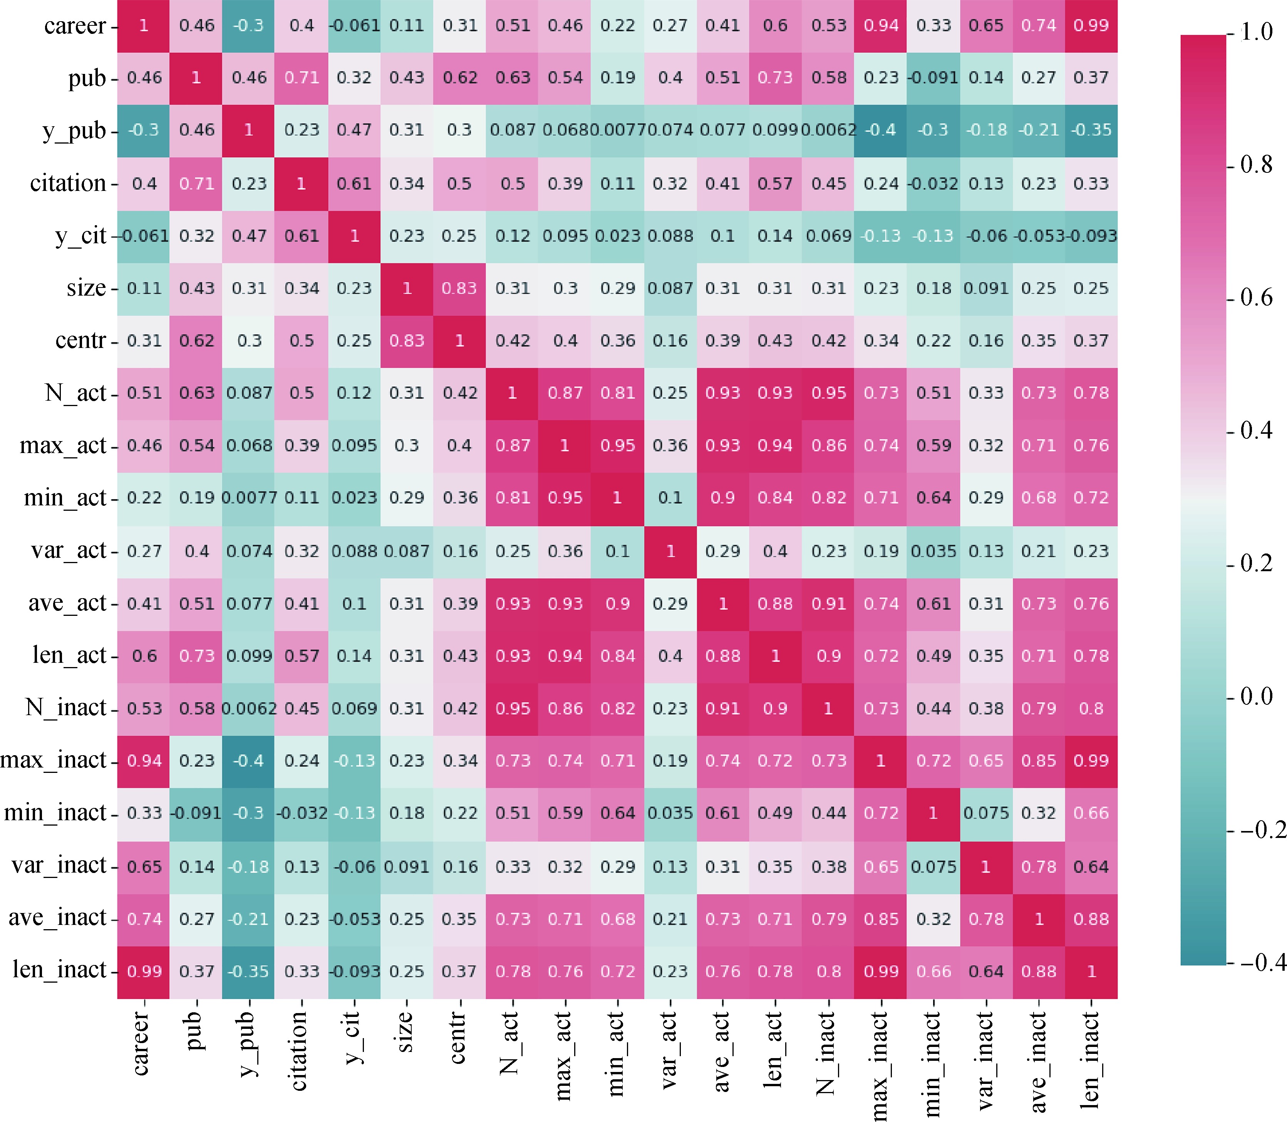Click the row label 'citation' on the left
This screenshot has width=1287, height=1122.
pos(68,184)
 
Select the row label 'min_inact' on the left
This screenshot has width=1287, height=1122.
pos(55,813)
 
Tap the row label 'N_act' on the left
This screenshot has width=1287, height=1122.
pos(75,393)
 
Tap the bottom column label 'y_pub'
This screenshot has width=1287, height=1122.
pos(248,1042)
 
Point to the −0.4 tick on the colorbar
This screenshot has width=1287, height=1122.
pos(1261,962)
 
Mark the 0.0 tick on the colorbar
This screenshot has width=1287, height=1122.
pos(1256,696)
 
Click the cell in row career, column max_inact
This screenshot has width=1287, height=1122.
pos(881,26)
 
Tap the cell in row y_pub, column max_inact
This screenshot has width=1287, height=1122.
pos(881,130)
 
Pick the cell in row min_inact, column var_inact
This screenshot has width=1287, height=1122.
pos(986,813)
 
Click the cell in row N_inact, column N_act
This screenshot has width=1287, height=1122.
pos(512,708)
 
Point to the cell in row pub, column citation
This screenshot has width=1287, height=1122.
pos(301,78)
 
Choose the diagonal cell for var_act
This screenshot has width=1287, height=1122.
pos(670,551)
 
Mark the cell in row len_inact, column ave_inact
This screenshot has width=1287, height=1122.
pos(1038,971)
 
